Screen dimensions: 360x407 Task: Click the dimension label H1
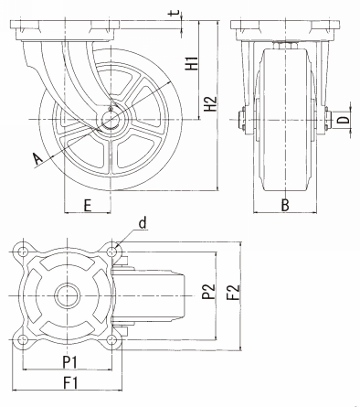point(192,63)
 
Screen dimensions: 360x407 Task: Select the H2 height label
point(210,103)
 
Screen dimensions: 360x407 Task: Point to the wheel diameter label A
point(37,159)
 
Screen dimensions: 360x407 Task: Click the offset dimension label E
point(88,206)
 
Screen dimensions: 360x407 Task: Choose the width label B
point(285,206)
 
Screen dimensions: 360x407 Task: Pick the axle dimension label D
point(344,118)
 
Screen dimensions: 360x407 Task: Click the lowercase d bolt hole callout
point(143,223)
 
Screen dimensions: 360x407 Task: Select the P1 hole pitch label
point(70,362)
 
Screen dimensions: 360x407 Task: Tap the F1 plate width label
point(70,383)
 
